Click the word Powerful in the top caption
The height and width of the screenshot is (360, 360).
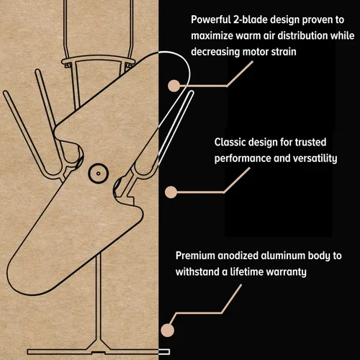click(x=210, y=19)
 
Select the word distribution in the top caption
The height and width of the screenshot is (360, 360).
click(x=302, y=35)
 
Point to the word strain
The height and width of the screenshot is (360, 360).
click(x=284, y=52)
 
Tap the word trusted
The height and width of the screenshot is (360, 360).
click(x=310, y=142)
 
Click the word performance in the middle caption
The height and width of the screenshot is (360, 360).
click(x=243, y=158)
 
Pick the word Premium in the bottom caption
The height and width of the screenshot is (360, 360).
click(x=195, y=256)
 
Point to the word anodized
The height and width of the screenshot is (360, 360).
click(x=238, y=256)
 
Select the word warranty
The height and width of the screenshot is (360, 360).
click(x=287, y=272)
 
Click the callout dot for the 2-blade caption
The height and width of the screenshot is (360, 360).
click(x=174, y=86)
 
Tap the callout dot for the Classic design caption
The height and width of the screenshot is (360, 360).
click(x=171, y=192)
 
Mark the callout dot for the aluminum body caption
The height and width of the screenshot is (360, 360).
click(x=168, y=330)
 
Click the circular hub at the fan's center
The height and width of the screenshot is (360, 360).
click(x=98, y=174)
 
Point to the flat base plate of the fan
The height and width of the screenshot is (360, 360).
click(x=99, y=352)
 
